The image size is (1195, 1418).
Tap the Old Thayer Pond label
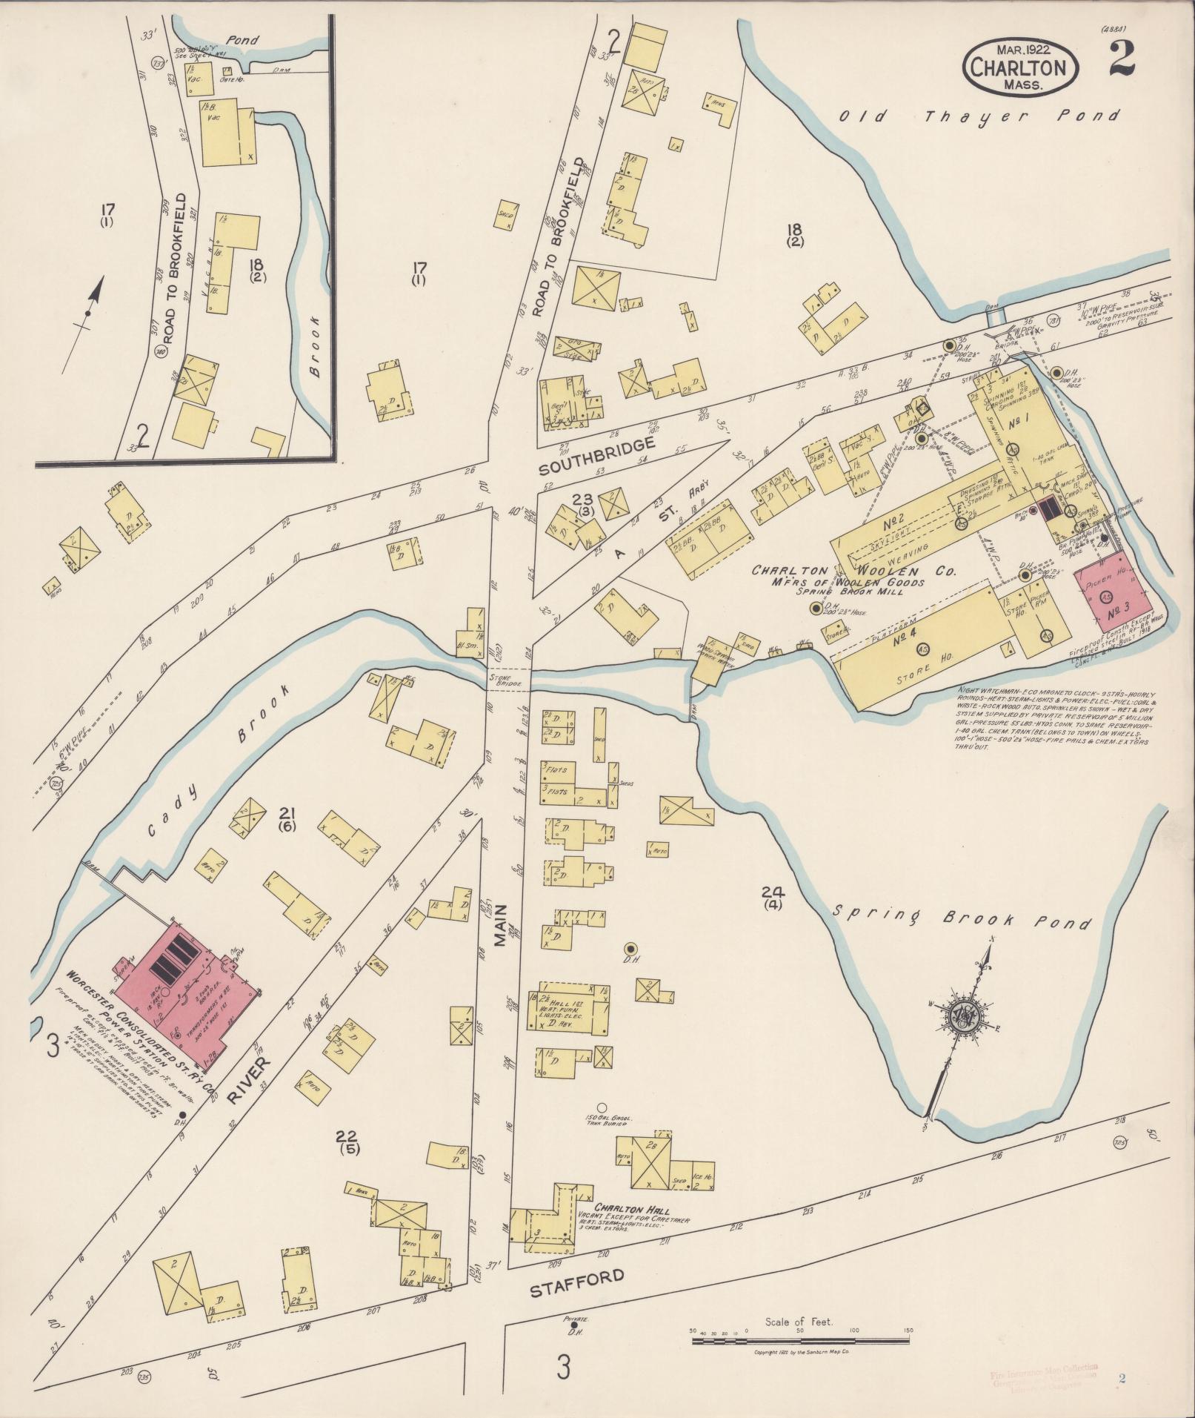pyautogui.click(x=979, y=116)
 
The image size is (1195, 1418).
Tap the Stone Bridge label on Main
pyautogui.click(x=505, y=677)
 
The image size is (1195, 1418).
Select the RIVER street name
pyautogui.click(x=248, y=1087)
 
